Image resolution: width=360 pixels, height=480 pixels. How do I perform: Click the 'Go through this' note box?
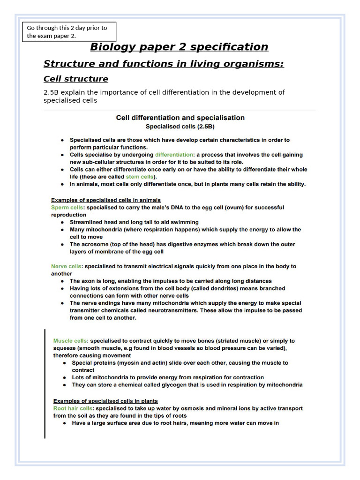[69, 31]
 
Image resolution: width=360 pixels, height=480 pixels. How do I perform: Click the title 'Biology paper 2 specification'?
[179, 47]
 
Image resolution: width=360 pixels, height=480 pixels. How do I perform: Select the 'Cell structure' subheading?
[75, 79]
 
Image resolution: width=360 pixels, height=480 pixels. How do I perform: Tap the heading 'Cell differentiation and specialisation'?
[180, 118]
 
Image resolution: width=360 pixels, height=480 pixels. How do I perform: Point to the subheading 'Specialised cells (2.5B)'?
[180, 126]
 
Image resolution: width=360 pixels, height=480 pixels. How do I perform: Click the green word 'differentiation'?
[174, 155]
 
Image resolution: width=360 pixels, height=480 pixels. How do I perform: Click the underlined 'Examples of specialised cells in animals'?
[106, 200]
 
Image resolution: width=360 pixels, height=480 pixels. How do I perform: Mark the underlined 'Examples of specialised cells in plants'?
[105, 401]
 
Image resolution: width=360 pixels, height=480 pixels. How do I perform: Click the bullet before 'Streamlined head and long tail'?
[63, 222]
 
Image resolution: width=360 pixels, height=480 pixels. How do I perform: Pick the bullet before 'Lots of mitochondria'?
[65, 377]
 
